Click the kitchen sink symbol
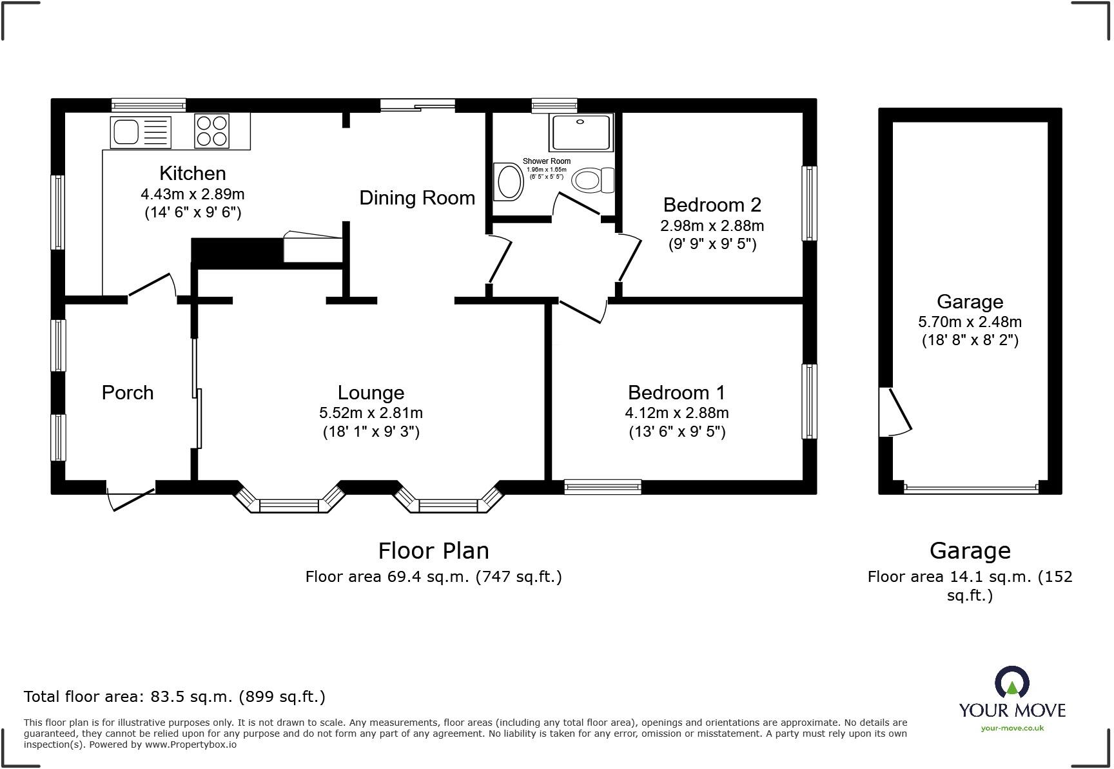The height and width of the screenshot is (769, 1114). coord(141,132)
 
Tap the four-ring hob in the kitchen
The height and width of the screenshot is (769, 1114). coord(211,131)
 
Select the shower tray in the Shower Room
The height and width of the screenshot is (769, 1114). coord(580,133)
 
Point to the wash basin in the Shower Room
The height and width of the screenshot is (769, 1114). coord(509,182)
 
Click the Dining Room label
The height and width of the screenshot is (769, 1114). coord(417,198)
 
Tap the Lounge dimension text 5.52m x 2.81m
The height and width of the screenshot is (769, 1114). coord(371,413)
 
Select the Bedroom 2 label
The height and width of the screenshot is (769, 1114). coord(712,205)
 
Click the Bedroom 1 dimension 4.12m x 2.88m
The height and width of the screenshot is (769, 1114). coord(676,413)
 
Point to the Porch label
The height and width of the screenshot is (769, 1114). coord(128,393)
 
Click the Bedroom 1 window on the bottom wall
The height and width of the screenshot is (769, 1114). coord(603,487)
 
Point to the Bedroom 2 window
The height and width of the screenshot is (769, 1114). coord(809,203)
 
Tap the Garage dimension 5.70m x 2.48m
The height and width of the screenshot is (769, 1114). coord(970,322)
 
